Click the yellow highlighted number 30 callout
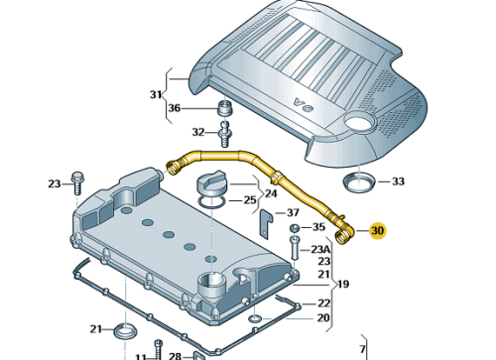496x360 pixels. (378, 230)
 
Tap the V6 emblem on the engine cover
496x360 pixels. (304, 104)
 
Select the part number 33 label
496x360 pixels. (398, 181)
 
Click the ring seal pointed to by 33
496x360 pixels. (359, 182)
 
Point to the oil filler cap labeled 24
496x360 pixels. (212, 183)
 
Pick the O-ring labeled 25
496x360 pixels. (212, 202)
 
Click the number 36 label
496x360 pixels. (175, 108)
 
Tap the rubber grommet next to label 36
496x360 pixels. (224, 108)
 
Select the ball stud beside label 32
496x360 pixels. (225, 134)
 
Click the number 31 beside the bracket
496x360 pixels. (156, 94)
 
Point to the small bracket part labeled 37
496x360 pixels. (266, 223)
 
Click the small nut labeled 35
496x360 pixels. (296, 228)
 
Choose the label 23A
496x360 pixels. (320, 249)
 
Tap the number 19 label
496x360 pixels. (343, 284)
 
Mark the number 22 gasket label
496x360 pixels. (324, 303)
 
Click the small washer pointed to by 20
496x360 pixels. (255, 318)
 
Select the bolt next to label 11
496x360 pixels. (159, 349)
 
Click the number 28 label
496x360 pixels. (175, 356)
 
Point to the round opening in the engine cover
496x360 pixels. (358, 121)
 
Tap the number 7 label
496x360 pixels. (362, 349)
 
